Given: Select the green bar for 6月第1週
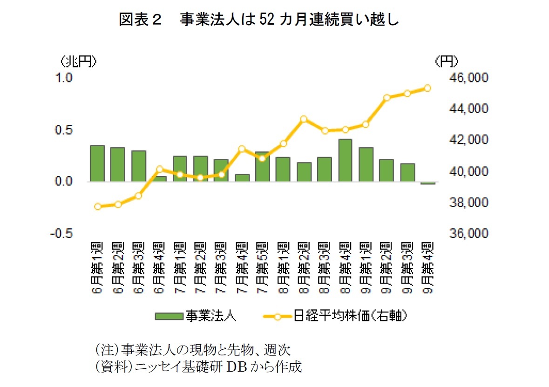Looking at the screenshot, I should click(97, 163).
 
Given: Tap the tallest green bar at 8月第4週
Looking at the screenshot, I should click(345, 160).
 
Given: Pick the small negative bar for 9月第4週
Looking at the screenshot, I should click(428, 183).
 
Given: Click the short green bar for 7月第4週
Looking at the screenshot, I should click(242, 178).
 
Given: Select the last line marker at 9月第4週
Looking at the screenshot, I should click(427, 88).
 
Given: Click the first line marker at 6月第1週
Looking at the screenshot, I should click(97, 206).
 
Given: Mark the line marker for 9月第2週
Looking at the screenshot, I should click(386, 98).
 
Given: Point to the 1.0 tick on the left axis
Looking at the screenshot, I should click(64, 78).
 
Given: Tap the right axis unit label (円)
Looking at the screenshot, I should click(446, 61).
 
